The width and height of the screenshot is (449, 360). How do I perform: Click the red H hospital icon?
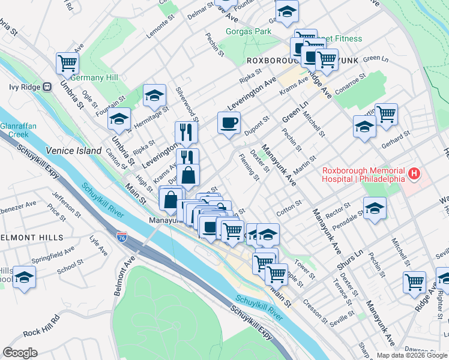pyautogui.click(x=414, y=175)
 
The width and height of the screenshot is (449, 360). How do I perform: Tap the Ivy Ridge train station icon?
pyautogui.click(x=46, y=87)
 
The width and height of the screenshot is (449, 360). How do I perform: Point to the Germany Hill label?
pyautogui.click(x=94, y=77)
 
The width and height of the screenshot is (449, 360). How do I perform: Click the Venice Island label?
pyautogui.click(x=74, y=150)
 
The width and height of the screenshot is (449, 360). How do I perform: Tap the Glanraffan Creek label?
pyautogui.click(x=14, y=130)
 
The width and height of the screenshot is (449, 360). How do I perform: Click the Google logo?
pyautogui.click(x=20, y=352)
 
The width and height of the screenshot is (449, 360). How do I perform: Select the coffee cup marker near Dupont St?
pyautogui.click(x=229, y=123)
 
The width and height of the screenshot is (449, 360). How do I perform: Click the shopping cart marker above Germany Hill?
pyautogui.click(x=68, y=62)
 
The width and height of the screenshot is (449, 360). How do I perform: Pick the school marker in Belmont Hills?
pyautogui.click(x=24, y=277)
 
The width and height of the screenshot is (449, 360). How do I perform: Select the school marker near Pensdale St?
pyautogui.click(x=375, y=208)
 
